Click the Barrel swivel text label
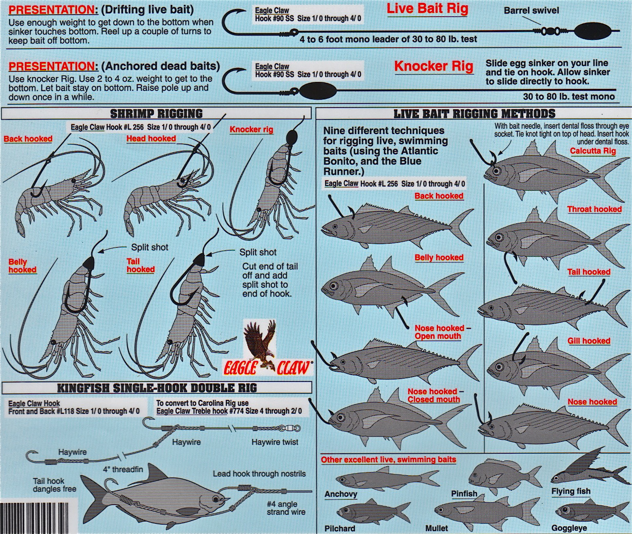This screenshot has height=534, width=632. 531,11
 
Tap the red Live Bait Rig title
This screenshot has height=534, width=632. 427,9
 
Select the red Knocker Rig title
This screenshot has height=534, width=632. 434,66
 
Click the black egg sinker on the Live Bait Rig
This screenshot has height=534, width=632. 587,31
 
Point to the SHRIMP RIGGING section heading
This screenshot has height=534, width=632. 156,114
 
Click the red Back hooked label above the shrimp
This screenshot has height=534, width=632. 28,139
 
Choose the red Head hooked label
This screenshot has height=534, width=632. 151,139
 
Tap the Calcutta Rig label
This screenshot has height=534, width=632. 592,151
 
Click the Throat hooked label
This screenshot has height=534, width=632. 595,209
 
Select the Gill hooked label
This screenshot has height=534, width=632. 589,341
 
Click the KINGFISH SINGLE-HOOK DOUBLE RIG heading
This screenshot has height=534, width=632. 157,388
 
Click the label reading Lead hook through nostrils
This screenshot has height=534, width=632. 260,474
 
